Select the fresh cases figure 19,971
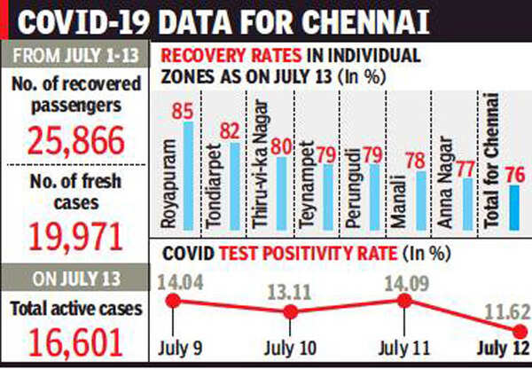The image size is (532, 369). pyautogui.click(x=74, y=237)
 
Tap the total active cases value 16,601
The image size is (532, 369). pyautogui.click(x=74, y=342)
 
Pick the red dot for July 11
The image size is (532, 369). pyautogui.click(x=403, y=301)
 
